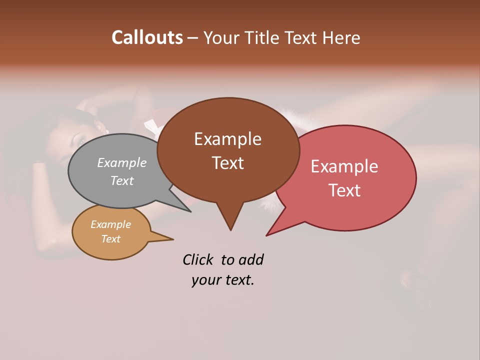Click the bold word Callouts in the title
click(x=147, y=37)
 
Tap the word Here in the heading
click(x=341, y=38)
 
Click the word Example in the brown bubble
click(x=227, y=139)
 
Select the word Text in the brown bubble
click(x=227, y=163)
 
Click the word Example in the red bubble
click(x=344, y=166)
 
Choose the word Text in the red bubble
click(x=344, y=190)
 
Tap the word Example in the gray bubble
click(x=122, y=162)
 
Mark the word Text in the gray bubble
click(x=122, y=180)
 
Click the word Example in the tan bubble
click(x=110, y=224)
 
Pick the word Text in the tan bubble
click(x=110, y=239)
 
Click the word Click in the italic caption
click(x=197, y=259)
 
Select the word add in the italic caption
click(x=251, y=259)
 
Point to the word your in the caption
click(x=206, y=280)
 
